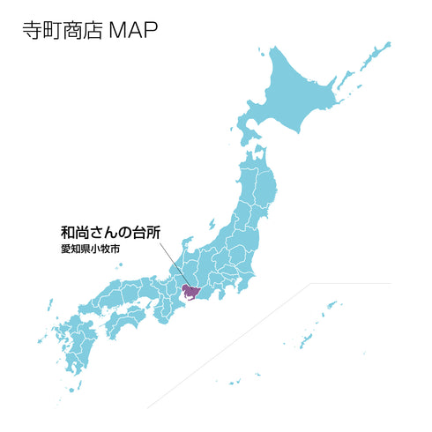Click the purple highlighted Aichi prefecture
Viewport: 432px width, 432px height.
[x=191, y=292]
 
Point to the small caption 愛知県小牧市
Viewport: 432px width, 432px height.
[x=90, y=250]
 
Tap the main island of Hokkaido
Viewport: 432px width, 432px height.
[x=300, y=88]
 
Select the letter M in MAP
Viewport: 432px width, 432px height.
[x=118, y=31]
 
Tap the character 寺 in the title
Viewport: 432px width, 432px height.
[x=31, y=31]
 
